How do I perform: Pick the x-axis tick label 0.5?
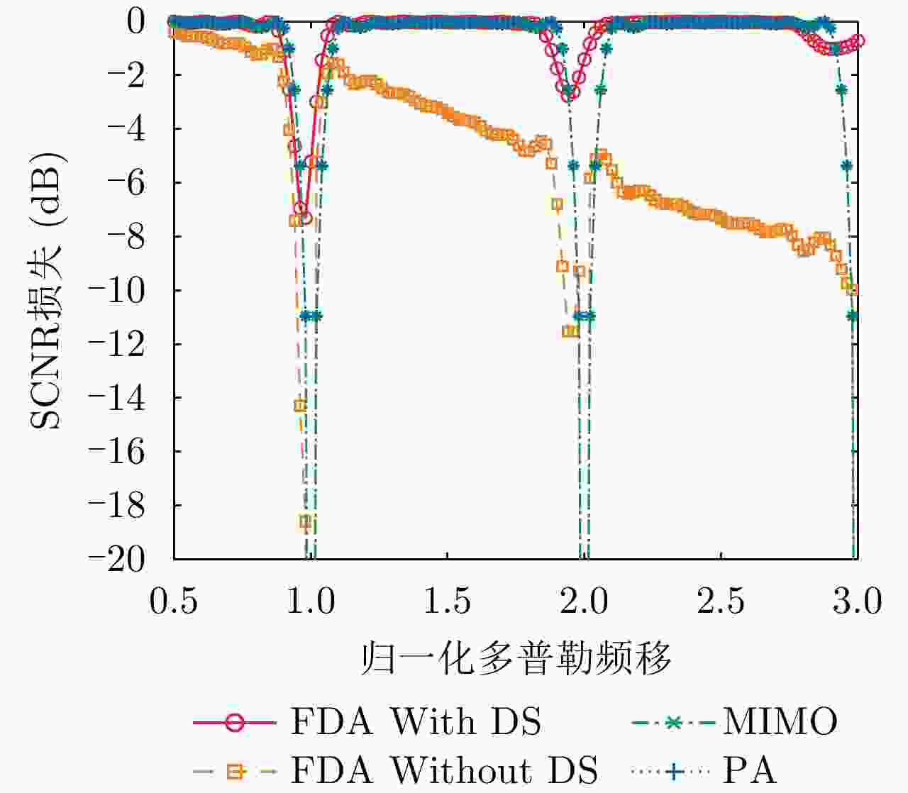click(x=174, y=601)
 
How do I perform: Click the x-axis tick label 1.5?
click(x=447, y=601)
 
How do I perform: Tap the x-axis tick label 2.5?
click(x=721, y=601)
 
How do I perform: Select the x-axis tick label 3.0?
click(x=857, y=601)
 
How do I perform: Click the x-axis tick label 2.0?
click(x=584, y=601)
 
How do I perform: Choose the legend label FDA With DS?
click(x=416, y=722)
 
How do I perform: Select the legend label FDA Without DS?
click(x=444, y=770)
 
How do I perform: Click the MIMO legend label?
click(x=780, y=722)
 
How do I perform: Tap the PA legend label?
click(x=749, y=770)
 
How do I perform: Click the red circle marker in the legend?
click(x=234, y=723)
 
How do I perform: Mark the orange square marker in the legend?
click(x=234, y=770)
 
